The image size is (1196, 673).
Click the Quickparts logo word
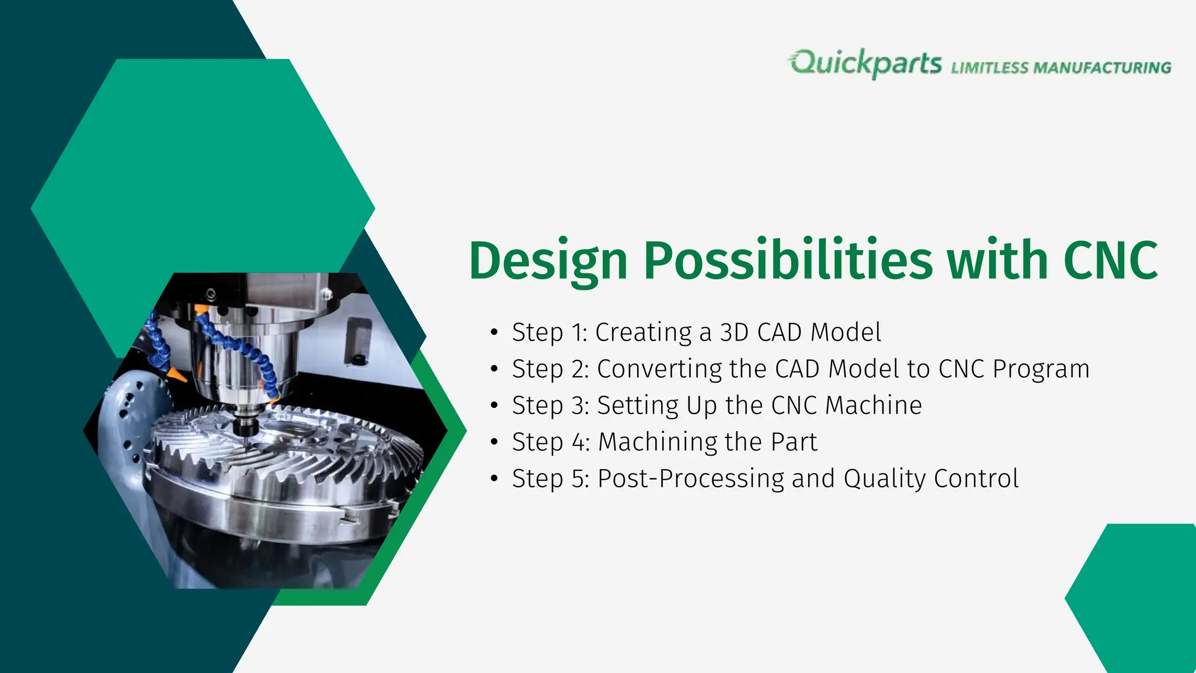865,63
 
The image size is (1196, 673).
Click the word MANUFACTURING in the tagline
1102,68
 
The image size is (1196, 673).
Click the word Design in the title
547,261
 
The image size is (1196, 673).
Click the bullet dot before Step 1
494,332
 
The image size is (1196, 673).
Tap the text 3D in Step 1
734,332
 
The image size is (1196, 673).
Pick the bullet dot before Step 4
494,442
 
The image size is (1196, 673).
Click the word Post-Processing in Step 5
690,478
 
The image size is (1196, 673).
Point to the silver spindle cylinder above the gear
245,362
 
